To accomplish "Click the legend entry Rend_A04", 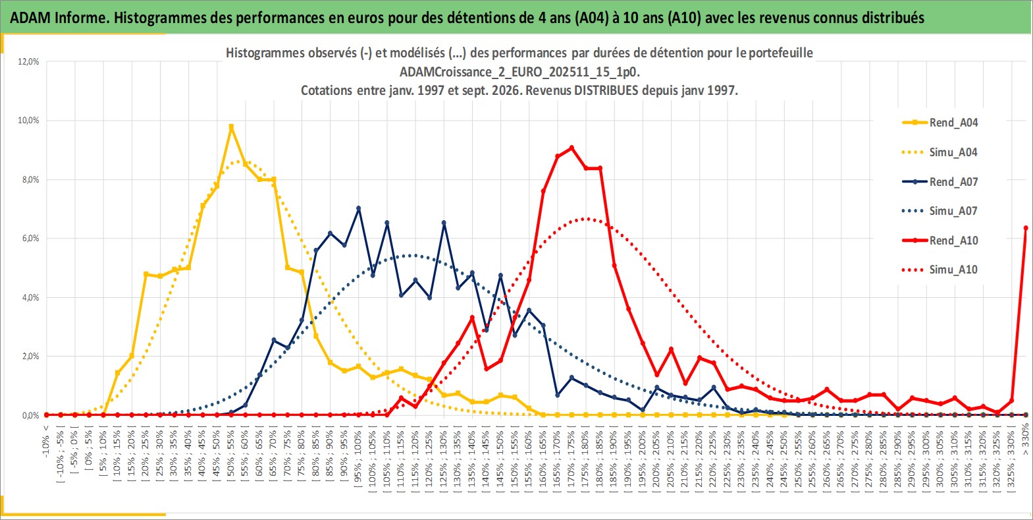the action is [x=940, y=123].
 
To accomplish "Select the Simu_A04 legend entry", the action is [x=940, y=152].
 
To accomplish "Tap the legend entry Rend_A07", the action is [x=940, y=182].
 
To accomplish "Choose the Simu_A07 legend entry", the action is [x=940, y=211].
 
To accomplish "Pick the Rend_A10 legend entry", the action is [x=940, y=241].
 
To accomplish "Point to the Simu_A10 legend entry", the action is [x=940, y=270].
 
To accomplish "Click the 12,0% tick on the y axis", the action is [x=28, y=61].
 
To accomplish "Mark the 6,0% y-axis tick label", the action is [x=28, y=239].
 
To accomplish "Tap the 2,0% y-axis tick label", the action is [x=28, y=357].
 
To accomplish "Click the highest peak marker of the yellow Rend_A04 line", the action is [x=231, y=127].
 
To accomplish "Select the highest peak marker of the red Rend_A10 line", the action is [x=572, y=148].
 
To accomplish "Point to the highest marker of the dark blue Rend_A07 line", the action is [x=359, y=208].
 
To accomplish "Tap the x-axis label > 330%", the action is [x=1026, y=439].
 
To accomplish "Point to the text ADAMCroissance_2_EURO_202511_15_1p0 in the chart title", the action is [x=519, y=72].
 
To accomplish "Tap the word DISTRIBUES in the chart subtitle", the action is [x=606, y=90].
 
